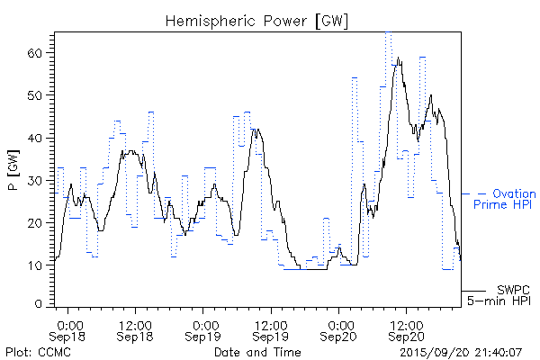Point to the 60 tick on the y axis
(x=36, y=53)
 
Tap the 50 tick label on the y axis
(x=36, y=95)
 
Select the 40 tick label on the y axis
(x=36, y=138)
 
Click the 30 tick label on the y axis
(x=36, y=180)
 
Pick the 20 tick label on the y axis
(x=36, y=222)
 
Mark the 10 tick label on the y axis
(x=36, y=265)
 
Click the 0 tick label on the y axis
(x=40, y=307)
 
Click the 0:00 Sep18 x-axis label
(x=69, y=329)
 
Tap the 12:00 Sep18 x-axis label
(x=134, y=329)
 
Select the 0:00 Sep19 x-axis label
(x=204, y=329)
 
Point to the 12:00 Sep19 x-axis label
(x=269, y=329)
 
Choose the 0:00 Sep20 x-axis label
(x=339, y=329)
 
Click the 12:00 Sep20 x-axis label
(x=405, y=329)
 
